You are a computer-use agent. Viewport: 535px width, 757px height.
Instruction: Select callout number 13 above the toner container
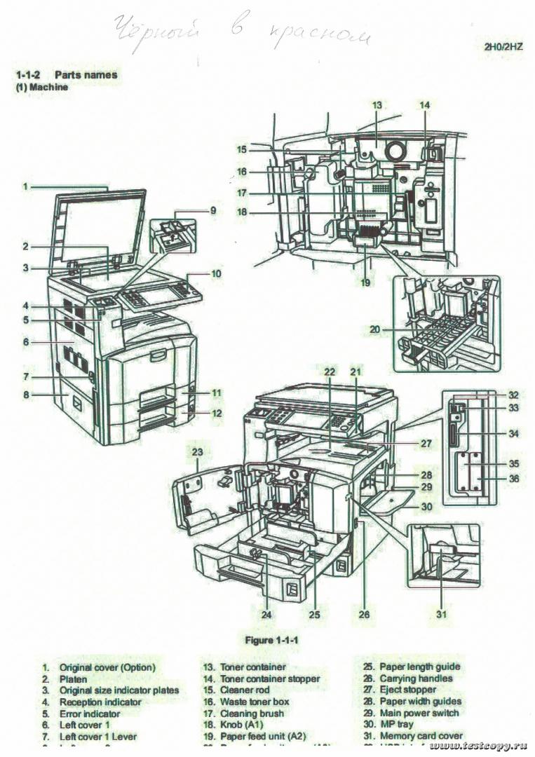(x=377, y=105)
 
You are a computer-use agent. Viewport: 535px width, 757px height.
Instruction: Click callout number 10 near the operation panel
(x=216, y=273)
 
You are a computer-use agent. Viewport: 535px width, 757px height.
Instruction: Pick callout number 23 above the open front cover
(x=198, y=452)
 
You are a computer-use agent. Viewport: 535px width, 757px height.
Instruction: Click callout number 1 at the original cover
(x=25, y=186)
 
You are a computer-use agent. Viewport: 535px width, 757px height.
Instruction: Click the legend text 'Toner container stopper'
(x=269, y=678)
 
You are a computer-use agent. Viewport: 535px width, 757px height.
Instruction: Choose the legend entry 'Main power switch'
(x=419, y=713)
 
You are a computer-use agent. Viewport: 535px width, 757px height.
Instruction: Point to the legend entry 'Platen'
(x=73, y=678)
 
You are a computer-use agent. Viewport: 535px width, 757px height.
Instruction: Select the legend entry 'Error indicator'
(x=90, y=713)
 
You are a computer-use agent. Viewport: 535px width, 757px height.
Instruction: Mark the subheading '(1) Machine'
(x=42, y=88)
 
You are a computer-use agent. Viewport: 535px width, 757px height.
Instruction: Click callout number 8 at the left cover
(x=25, y=395)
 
